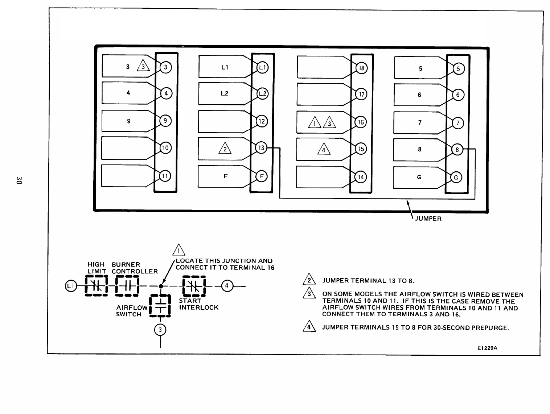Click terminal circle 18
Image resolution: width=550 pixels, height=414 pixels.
(361, 68)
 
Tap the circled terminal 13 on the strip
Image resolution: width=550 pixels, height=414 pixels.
(261, 148)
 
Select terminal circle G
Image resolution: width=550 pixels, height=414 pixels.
(456, 177)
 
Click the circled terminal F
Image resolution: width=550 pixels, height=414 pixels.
(261, 176)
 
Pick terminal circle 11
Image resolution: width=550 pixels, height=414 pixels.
(165, 176)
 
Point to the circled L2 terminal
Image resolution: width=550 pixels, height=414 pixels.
(262, 93)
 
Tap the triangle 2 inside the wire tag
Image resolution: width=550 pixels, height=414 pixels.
(225, 149)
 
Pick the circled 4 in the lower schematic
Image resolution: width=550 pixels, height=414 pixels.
(227, 286)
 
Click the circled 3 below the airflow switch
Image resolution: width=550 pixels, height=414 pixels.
(160, 330)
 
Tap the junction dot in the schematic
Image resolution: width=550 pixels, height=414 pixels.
(161, 286)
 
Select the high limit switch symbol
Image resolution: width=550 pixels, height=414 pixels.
(96, 286)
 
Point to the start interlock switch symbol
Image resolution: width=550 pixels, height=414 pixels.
(194, 286)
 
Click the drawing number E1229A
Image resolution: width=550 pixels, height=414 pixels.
(487, 348)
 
